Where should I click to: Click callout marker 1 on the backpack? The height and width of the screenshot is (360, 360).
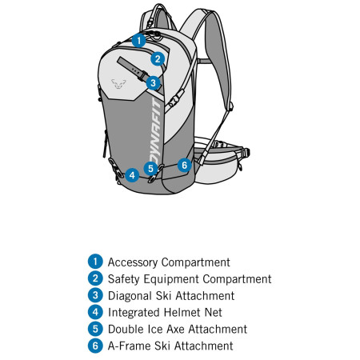[138, 39]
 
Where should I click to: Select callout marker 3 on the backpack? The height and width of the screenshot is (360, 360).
[154, 82]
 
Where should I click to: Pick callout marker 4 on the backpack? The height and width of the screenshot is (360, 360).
[132, 174]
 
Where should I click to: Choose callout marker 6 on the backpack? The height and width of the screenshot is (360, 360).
[184, 165]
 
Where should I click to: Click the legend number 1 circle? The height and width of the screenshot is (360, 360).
[96, 262]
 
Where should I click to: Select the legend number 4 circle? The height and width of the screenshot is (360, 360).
[96, 312]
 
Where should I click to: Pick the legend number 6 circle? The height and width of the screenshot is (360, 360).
[96, 346]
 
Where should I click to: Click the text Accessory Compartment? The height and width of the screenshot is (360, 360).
[169, 262]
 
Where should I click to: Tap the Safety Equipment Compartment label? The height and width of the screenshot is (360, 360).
[190, 278]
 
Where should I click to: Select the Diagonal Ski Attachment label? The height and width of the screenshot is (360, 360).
[171, 295]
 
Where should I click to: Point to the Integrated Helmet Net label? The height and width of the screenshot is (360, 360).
[165, 312]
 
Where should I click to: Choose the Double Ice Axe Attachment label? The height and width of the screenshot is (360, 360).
[178, 329]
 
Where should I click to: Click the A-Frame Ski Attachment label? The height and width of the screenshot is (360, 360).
[170, 346]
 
